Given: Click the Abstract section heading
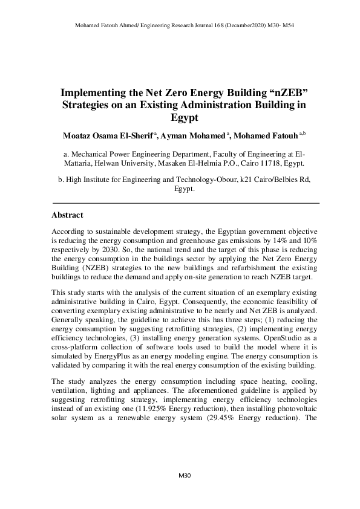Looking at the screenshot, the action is (x=67, y=215).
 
